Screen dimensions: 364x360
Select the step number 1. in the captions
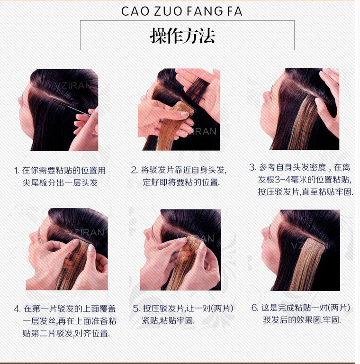point(17,170)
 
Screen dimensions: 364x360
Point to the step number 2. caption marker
point(134,170)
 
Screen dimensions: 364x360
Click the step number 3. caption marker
point(252,167)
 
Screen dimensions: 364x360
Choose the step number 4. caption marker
point(17,309)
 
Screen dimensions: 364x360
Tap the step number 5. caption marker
point(136,309)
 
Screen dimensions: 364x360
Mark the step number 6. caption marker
point(254,308)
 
